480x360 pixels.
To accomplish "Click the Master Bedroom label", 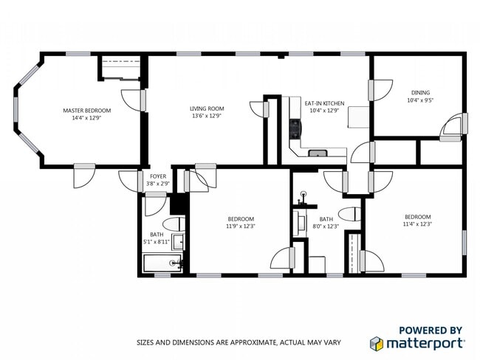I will pyautogui.click(x=86, y=109).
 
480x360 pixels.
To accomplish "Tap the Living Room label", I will pyautogui.click(x=207, y=109).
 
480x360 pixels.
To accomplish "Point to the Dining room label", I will pyautogui.click(x=419, y=92).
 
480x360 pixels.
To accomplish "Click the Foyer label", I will pyautogui.click(x=158, y=176).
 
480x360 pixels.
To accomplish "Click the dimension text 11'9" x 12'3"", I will pyautogui.click(x=241, y=226).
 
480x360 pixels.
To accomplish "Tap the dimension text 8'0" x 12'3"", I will pyautogui.click(x=326, y=226).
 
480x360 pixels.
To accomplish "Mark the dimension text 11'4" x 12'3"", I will pyautogui.click(x=417, y=224).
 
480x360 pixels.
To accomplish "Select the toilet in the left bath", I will pyautogui.click(x=174, y=224).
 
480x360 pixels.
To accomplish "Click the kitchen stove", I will pyautogui.click(x=295, y=130).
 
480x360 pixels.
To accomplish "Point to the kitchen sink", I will pyautogui.click(x=318, y=153).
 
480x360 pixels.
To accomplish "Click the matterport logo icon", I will pyautogui.click(x=377, y=344).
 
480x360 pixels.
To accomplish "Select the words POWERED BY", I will pyautogui.click(x=431, y=330).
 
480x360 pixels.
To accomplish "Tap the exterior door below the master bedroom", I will pyautogui.click(x=83, y=175).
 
